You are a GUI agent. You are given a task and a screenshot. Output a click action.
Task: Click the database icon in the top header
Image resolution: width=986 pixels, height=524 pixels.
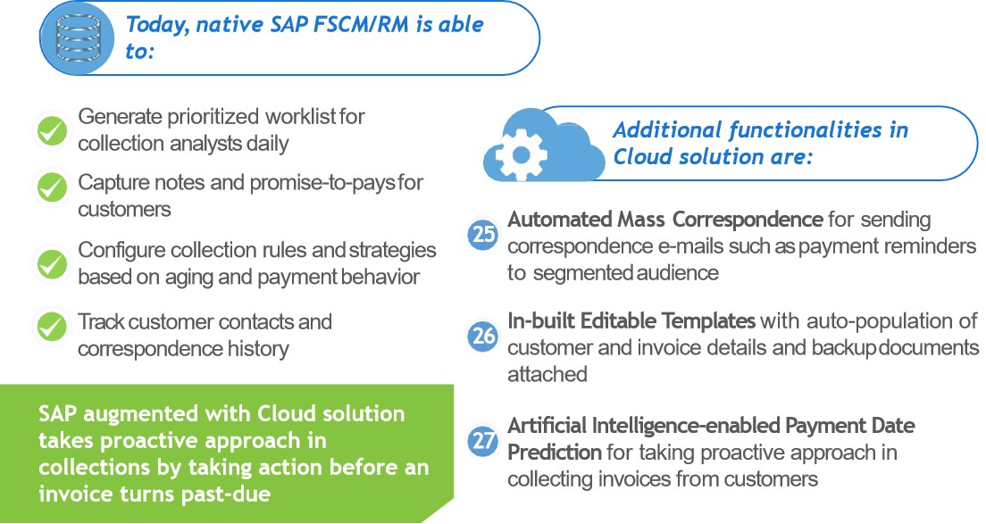[79, 37]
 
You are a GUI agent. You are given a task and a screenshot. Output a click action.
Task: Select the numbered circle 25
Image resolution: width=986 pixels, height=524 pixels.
[484, 234]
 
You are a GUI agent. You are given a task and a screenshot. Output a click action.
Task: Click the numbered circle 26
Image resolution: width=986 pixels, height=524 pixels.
[484, 336]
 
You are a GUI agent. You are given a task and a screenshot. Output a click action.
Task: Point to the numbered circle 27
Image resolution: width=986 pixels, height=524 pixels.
[484, 440]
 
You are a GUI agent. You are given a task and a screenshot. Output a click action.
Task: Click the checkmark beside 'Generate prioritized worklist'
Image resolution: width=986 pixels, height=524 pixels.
[51, 131]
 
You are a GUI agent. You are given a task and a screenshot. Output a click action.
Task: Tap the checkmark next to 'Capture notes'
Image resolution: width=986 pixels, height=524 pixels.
[51, 187]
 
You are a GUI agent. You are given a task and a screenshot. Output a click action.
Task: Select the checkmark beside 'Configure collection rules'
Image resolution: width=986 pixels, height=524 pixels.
[51, 263]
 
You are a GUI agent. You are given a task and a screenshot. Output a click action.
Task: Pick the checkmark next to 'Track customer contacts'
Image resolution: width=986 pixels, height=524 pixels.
[51, 326]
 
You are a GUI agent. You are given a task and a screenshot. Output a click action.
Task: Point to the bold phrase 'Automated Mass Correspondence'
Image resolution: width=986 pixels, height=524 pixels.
[665, 220]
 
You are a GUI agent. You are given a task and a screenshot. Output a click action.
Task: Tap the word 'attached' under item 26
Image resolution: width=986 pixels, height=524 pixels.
[547, 374]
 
